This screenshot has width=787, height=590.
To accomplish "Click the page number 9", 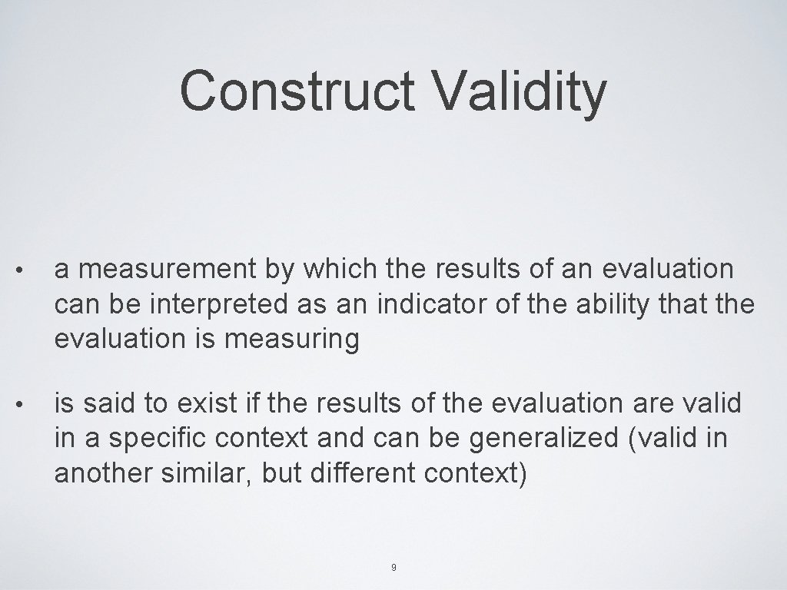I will [393, 568].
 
